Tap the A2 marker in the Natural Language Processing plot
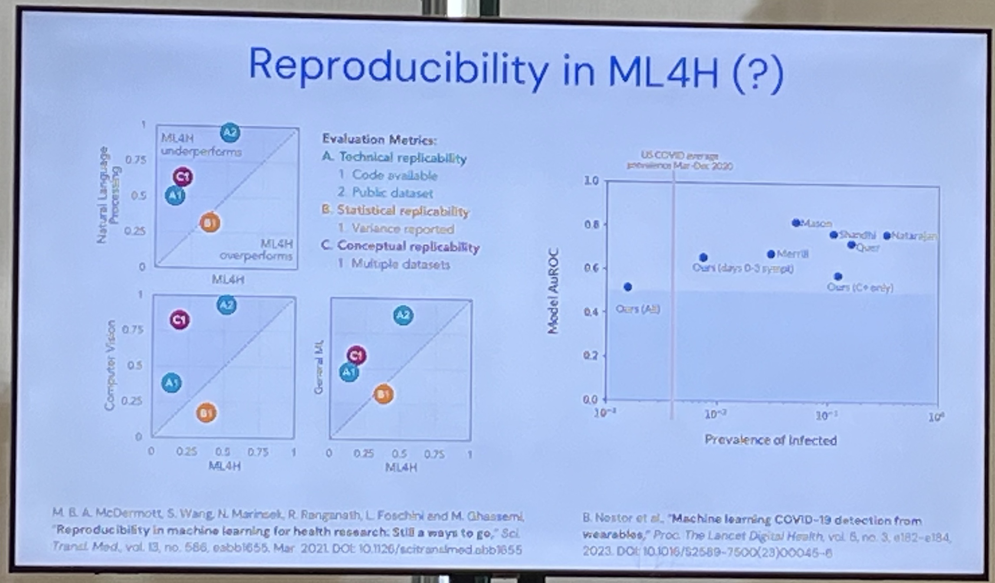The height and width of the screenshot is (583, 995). (230, 132)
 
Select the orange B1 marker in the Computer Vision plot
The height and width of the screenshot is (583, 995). (207, 413)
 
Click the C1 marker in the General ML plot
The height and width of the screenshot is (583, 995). (357, 355)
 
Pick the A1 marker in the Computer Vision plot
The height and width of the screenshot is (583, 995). (171, 383)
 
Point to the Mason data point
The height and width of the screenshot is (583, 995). (796, 223)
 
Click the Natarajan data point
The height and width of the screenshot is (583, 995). (887, 236)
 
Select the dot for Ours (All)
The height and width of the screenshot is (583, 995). (627, 287)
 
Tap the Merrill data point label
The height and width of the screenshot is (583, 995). (792, 254)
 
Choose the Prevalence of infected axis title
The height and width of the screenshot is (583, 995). (771, 440)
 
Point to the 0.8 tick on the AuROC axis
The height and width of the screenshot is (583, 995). (591, 224)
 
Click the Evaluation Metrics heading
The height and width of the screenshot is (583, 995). (379, 140)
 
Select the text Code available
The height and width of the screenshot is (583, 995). (394, 175)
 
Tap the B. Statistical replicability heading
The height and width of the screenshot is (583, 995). (395, 211)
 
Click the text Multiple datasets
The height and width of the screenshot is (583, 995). (400, 264)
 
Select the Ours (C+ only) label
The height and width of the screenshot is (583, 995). (860, 287)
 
